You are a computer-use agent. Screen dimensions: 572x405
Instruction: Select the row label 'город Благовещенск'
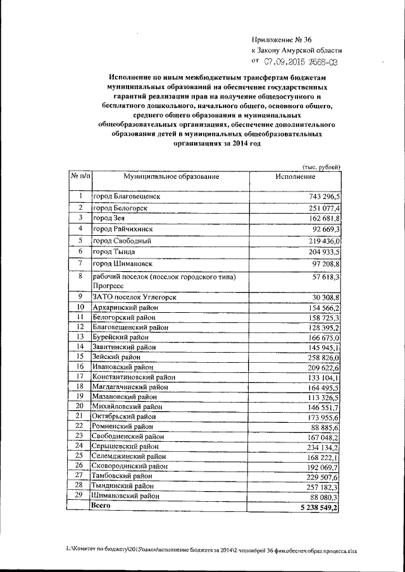click(x=127, y=197)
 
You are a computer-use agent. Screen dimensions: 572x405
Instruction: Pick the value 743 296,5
click(x=322, y=197)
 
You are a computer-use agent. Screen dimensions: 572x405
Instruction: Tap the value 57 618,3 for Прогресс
click(x=325, y=277)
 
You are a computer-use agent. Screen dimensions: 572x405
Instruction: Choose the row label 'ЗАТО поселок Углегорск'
click(x=134, y=296)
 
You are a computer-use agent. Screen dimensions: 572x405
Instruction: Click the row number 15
click(x=80, y=356)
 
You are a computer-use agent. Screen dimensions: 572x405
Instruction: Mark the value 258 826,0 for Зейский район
click(x=322, y=356)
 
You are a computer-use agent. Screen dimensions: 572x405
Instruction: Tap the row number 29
click(x=80, y=496)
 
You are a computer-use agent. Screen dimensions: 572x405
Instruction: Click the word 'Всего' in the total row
click(x=103, y=507)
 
